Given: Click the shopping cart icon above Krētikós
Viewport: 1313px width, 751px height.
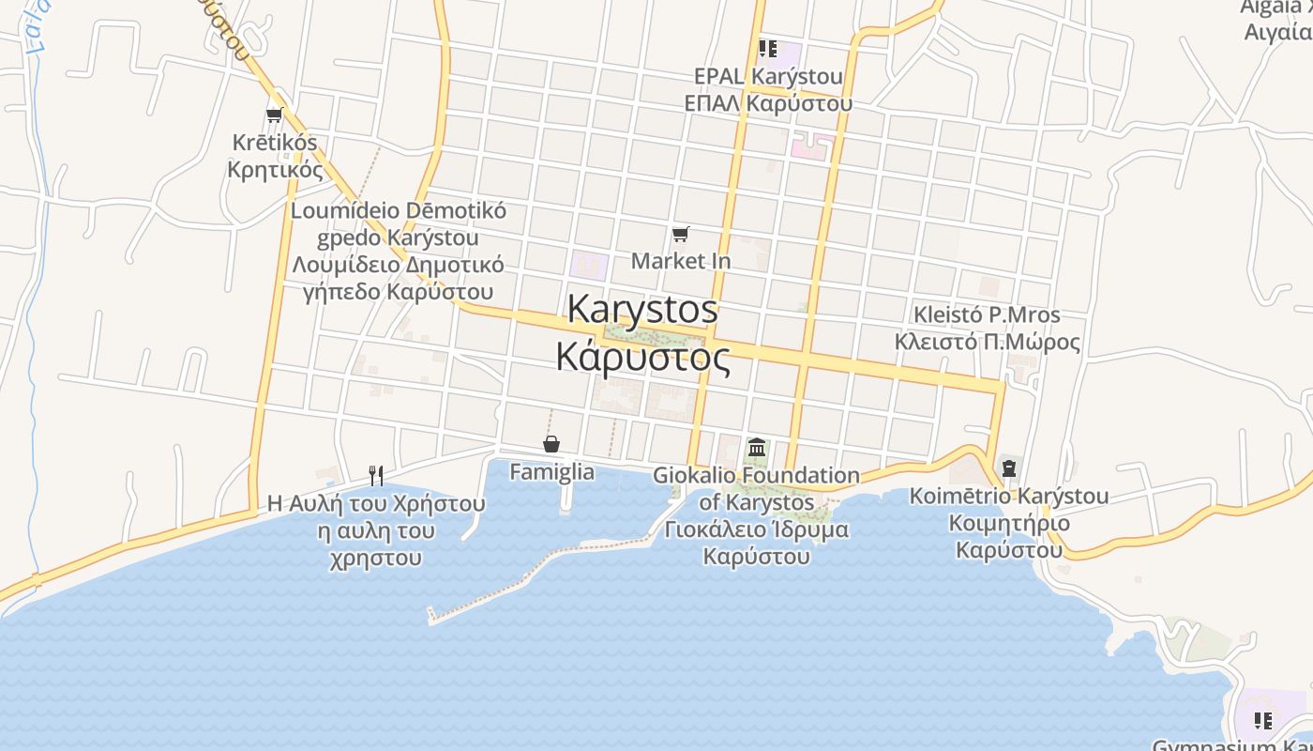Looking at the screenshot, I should click(274, 115).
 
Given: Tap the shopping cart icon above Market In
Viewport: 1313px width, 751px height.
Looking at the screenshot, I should click(681, 234).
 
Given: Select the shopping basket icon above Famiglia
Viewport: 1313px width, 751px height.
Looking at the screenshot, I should click(551, 444).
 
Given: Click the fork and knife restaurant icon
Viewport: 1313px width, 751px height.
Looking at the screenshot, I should click(376, 475).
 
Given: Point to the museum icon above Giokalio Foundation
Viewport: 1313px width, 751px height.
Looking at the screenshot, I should click(757, 448).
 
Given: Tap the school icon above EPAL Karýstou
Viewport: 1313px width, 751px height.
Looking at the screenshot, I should click(768, 48).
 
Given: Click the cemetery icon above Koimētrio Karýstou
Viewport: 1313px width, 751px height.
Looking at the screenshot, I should click(1009, 467).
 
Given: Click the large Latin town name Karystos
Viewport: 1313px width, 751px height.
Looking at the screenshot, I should click(642, 309).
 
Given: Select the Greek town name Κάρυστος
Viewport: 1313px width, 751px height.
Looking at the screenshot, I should click(642, 358).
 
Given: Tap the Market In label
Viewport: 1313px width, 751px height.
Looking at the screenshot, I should click(680, 260).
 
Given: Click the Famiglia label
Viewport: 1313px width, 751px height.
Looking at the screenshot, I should click(551, 471).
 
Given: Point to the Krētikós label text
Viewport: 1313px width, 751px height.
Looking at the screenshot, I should click(275, 143).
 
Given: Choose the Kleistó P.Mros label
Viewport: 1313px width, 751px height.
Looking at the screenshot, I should click(987, 314).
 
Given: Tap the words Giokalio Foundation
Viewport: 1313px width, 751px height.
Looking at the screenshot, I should click(756, 476).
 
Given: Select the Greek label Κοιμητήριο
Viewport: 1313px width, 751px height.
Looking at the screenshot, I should click(1009, 523).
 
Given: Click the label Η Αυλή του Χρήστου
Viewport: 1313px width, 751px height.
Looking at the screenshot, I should click(376, 503).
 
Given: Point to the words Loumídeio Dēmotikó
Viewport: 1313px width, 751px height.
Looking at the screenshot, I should click(399, 210).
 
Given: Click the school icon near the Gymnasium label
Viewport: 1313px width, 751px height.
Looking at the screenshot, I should click(1263, 721).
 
